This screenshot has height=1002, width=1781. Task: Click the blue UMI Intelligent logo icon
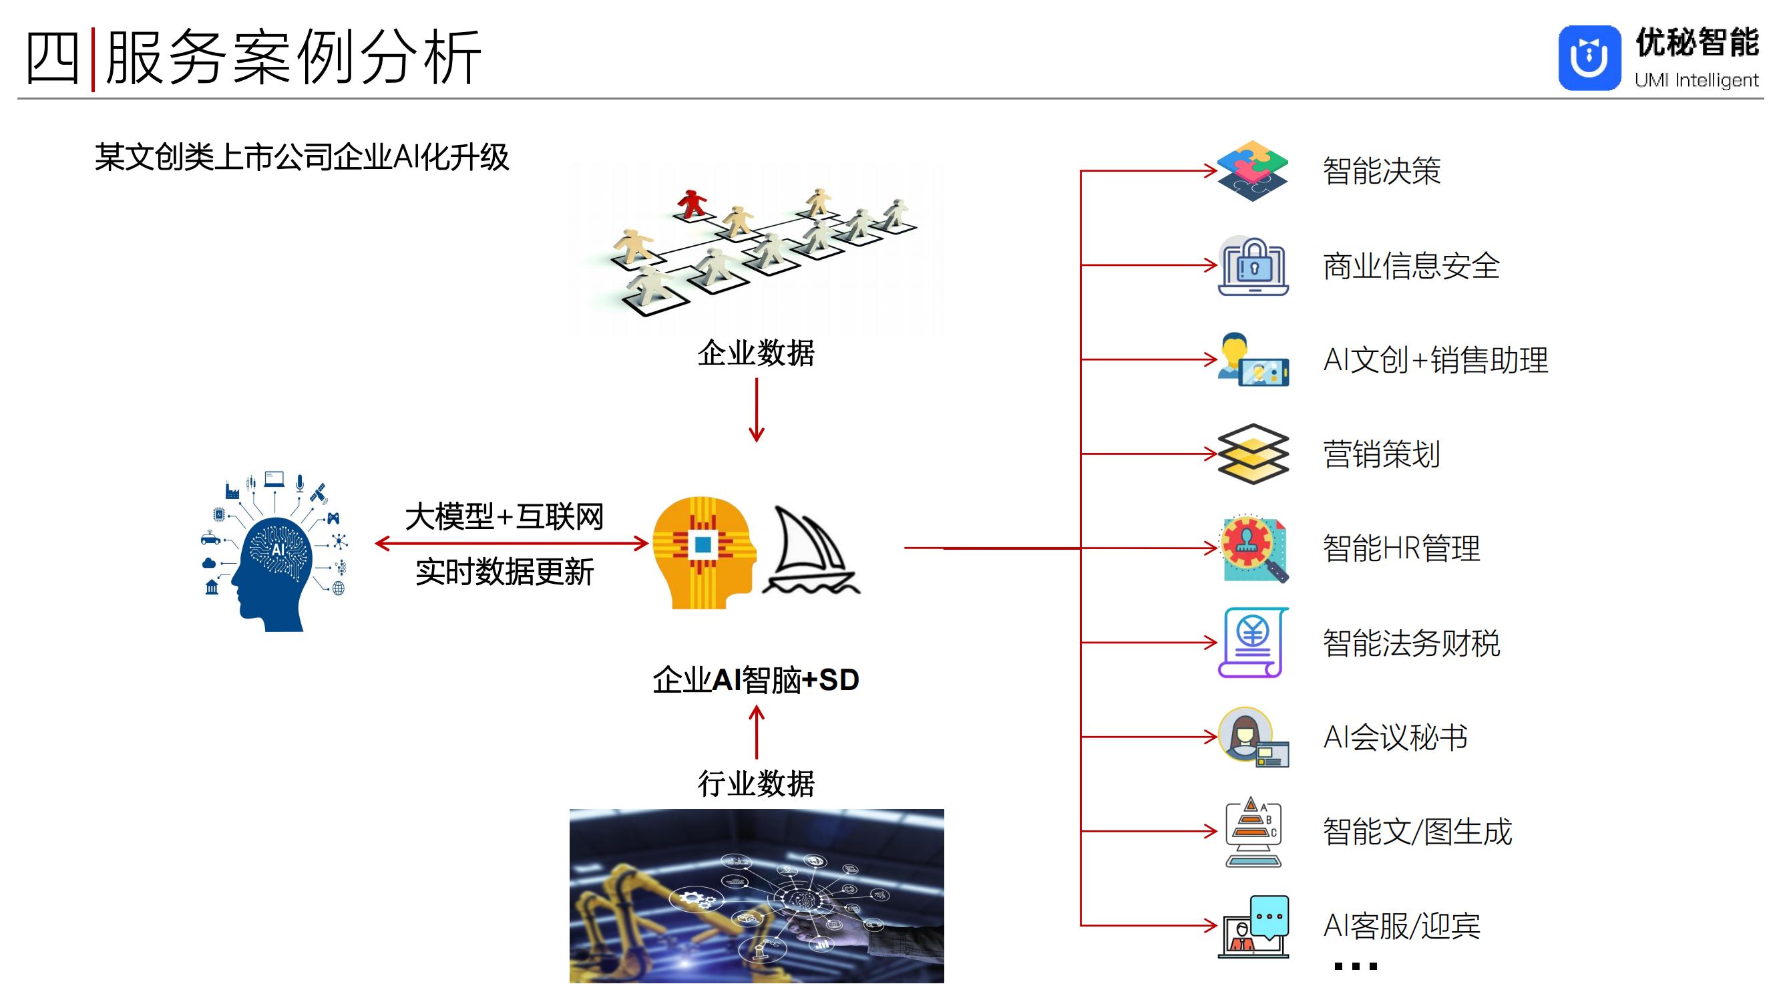(1589, 58)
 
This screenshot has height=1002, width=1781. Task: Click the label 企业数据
(756, 353)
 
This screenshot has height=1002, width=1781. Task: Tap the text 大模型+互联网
(504, 516)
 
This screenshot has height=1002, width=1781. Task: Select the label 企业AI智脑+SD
(756, 680)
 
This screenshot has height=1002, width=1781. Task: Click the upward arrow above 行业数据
(757, 732)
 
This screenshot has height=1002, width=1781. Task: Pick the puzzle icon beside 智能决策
(1252, 171)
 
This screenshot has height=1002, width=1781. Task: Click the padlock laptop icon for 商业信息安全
(1253, 267)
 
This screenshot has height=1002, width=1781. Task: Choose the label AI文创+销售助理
(1435, 360)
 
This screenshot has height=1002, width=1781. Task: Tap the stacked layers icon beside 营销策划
(1253, 454)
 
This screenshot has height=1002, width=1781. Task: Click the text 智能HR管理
(1402, 548)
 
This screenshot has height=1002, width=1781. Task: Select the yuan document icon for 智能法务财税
(1253, 643)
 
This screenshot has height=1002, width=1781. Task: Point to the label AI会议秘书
(1395, 737)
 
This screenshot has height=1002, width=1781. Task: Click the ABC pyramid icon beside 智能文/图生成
(1253, 831)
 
